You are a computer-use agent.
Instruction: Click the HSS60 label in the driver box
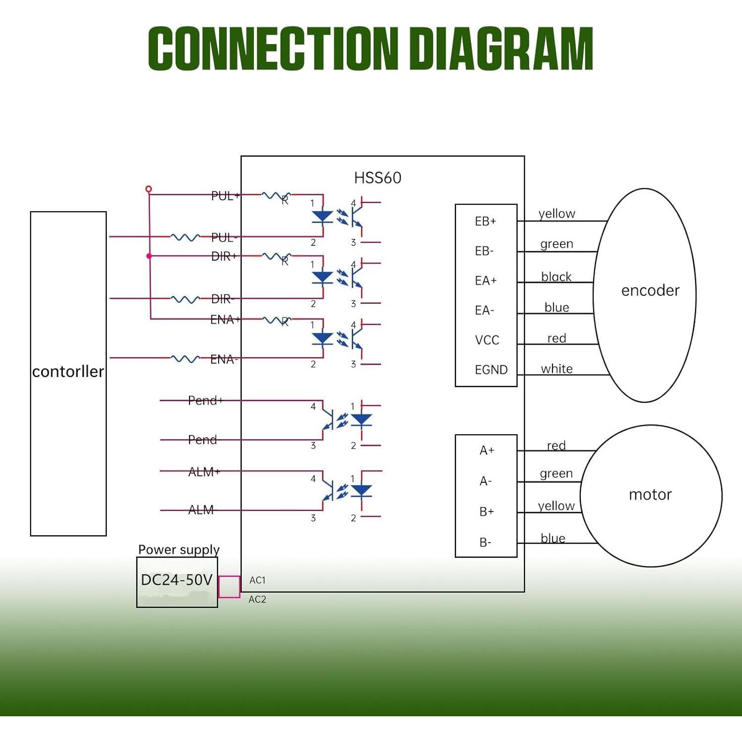coord(377,178)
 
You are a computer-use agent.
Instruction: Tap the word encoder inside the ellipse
coord(650,290)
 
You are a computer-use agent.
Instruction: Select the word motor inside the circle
coord(650,495)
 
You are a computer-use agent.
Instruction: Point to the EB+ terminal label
coord(485,221)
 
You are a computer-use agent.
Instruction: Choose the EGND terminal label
coord(491,370)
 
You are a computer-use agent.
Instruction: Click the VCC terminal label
coord(487,340)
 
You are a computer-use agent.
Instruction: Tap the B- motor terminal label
coord(485,542)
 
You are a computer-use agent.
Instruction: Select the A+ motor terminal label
coord(487,450)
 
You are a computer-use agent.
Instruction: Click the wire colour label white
coord(556,369)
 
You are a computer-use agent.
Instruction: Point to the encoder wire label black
coord(556,277)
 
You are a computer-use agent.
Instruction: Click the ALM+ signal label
coord(204,472)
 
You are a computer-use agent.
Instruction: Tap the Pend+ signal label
coord(205,400)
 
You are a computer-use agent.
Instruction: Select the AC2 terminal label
coord(257,600)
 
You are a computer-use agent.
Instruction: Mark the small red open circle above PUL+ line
coord(148,189)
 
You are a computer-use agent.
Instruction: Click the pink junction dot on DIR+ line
coord(149,256)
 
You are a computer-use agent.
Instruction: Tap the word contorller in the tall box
coord(68,371)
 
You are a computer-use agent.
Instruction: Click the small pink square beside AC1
coord(229,587)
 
